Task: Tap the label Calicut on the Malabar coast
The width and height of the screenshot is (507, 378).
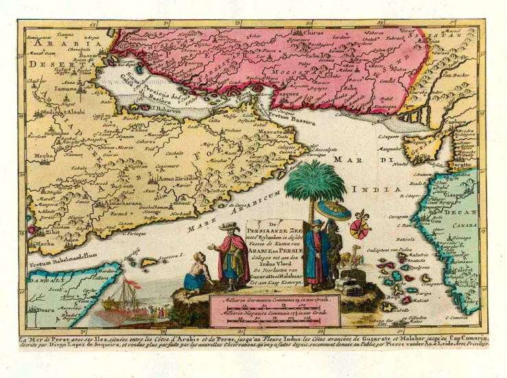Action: pyautogui.click(x=460, y=270)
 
